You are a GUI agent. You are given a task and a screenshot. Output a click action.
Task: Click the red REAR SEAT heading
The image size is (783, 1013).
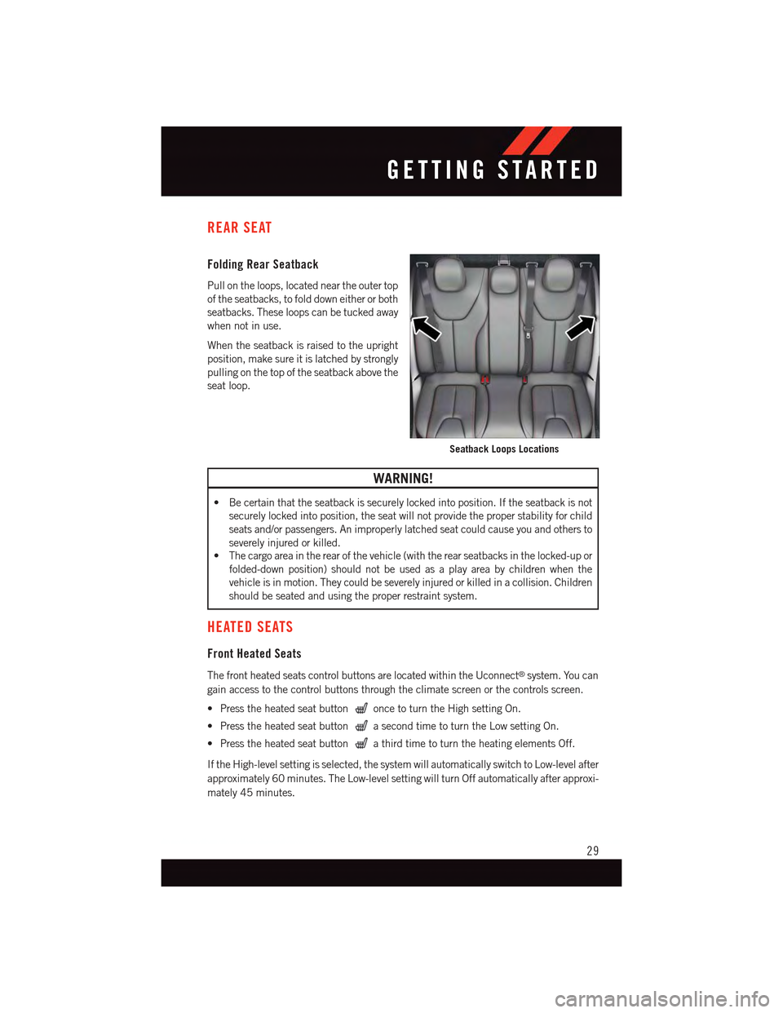[x=240, y=228]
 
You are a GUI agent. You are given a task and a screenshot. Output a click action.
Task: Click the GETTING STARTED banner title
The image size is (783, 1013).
[x=493, y=170]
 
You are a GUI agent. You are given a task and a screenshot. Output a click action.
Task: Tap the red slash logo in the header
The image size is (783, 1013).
[x=537, y=141]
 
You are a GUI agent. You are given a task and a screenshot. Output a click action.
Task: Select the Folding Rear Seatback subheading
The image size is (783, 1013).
[x=263, y=264]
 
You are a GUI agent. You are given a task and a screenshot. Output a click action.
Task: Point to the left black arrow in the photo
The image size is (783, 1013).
[x=426, y=328]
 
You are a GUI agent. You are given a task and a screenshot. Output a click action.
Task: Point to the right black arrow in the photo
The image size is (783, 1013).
[x=580, y=327]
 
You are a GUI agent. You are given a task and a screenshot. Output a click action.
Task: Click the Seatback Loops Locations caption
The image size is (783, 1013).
[x=504, y=449]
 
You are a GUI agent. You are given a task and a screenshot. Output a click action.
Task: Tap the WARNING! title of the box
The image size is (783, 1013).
[x=403, y=479]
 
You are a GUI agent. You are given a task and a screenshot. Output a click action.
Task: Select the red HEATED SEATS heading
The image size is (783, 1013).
[x=250, y=627]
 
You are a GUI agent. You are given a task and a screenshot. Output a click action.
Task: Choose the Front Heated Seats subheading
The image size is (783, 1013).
[x=254, y=654]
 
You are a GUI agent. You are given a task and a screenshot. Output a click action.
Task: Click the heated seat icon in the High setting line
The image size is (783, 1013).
[x=361, y=709]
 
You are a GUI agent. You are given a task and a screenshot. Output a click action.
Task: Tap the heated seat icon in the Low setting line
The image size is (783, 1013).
[x=361, y=726]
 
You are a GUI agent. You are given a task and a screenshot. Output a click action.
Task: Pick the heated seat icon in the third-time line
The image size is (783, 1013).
[x=361, y=743]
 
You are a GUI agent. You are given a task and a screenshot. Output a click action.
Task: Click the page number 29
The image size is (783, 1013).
[x=593, y=851]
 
